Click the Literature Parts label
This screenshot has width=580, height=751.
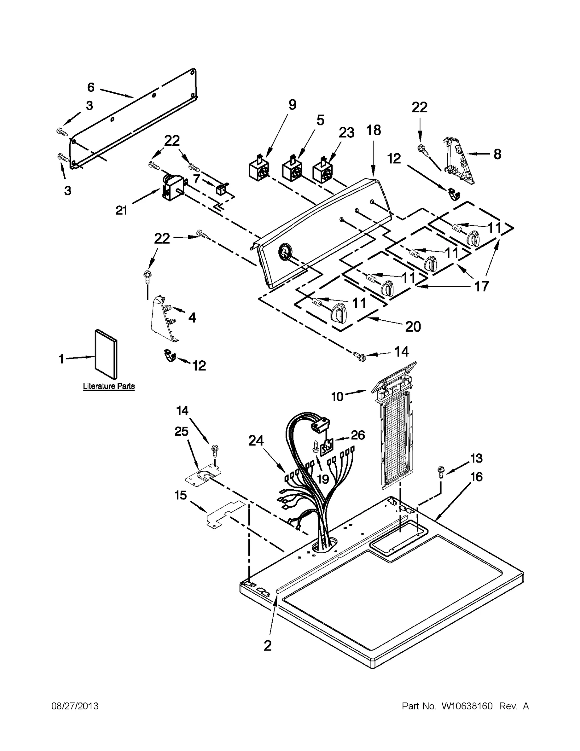pyautogui.click(x=109, y=386)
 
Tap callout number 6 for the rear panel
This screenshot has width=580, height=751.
pyautogui.click(x=91, y=87)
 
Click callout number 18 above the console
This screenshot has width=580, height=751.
pyautogui.click(x=374, y=130)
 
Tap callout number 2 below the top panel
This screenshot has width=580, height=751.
pyautogui.click(x=268, y=646)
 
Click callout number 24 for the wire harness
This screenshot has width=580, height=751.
pyautogui.click(x=256, y=441)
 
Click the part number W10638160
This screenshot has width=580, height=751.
pyautogui.click(x=467, y=706)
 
